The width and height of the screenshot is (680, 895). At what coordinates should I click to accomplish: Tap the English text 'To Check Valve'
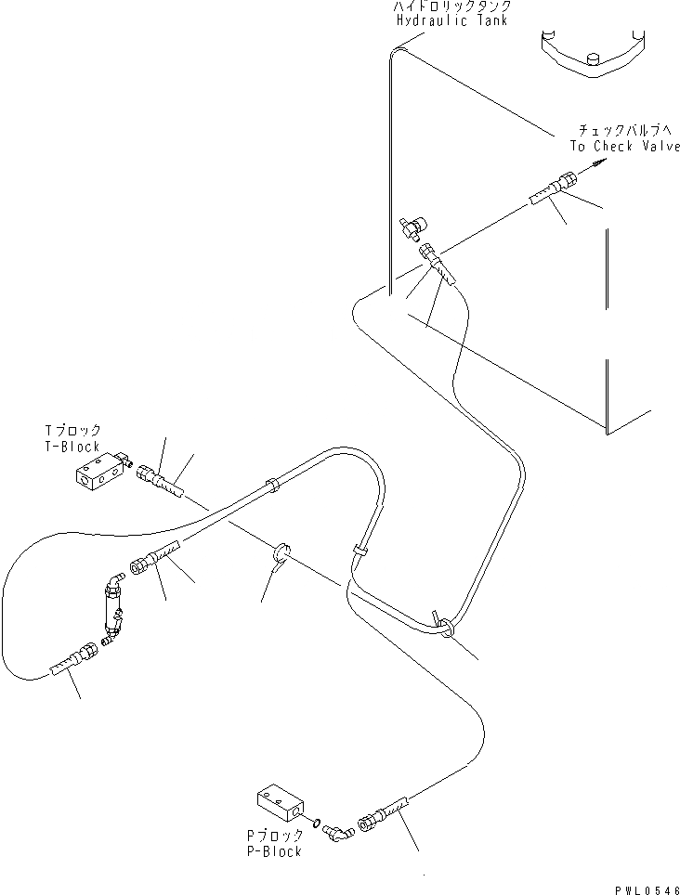click(x=624, y=146)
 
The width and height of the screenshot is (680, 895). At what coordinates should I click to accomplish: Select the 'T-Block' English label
click(x=72, y=447)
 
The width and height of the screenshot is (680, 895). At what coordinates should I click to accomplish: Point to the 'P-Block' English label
click(x=274, y=851)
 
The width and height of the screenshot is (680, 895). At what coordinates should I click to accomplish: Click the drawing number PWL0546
click(x=647, y=888)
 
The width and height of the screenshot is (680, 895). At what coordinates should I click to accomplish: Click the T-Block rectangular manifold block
click(x=98, y=472)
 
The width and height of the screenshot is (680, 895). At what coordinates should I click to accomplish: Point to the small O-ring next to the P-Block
click(x=318, y=821)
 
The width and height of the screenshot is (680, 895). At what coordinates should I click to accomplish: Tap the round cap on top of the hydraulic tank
click(x=590, y=62)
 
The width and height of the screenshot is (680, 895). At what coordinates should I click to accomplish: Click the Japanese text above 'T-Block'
click(x=72, y=431)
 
